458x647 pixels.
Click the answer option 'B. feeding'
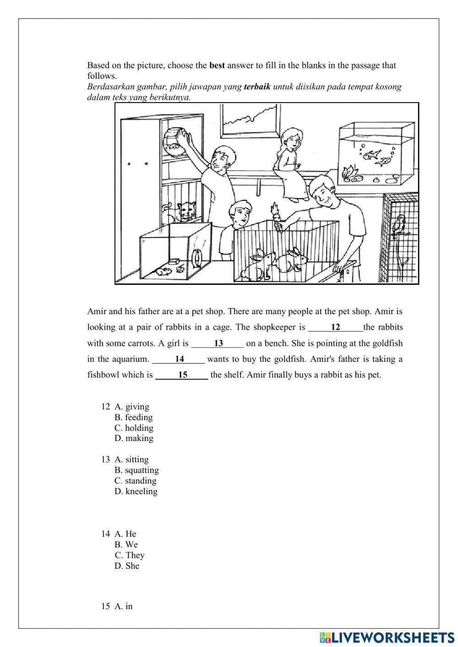click(x=133, y=417)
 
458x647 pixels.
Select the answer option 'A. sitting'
click(x=131, y=459)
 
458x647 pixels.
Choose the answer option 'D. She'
click(x=127, y=565)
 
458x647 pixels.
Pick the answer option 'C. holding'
click(x=134, y=428)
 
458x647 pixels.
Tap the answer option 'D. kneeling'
click(x=136, y=491)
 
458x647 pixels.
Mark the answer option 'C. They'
click(x=130, y=555)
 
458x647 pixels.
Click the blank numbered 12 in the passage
click(x=335, y=327)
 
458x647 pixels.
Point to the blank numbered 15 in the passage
click(x=182, y=375)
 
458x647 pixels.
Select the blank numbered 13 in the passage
click(x=218, y=343)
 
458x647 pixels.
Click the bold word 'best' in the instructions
click(x=217, y=65)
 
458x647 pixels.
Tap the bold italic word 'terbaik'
click(x=257, y=87)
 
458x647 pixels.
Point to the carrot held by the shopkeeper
click(x=276, y=214)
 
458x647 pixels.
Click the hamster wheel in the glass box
click(x=197, y=259)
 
